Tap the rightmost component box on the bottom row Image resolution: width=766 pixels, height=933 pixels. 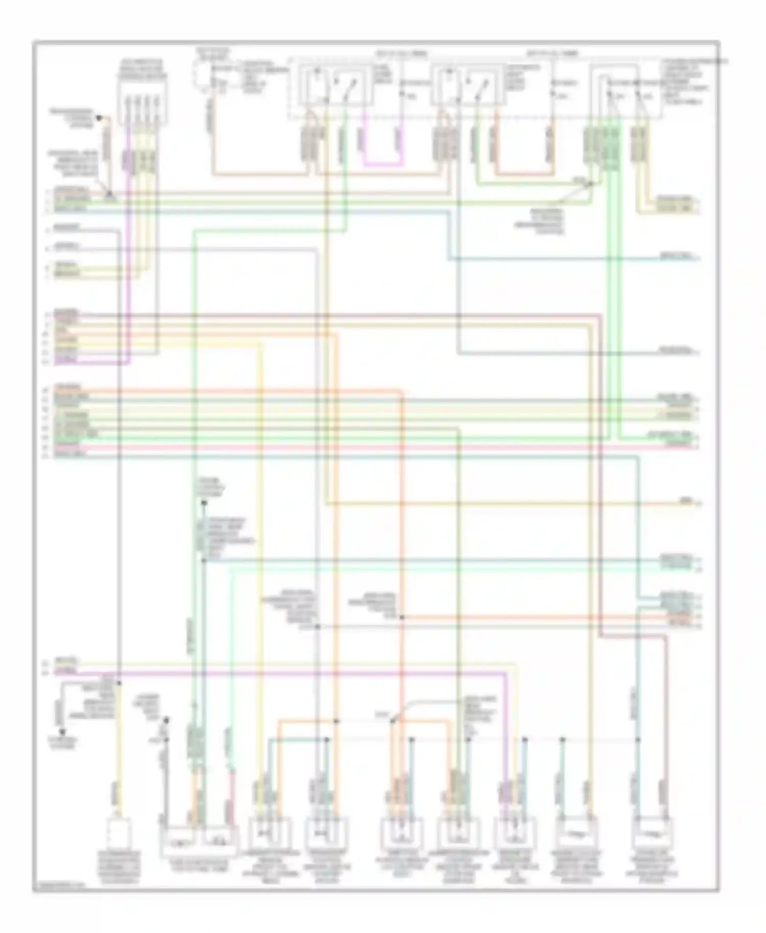(653, 832)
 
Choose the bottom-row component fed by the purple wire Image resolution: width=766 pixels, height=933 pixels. (515, 832)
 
